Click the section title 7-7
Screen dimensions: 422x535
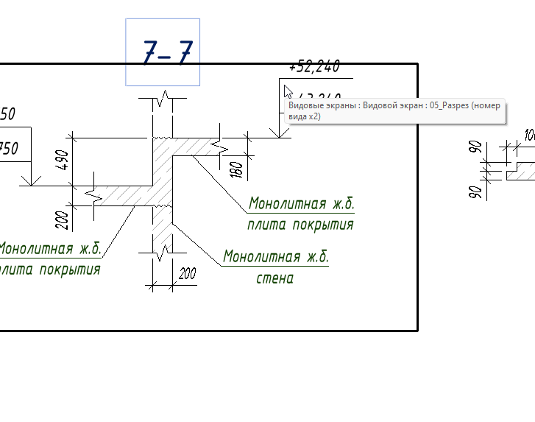click(167, 52)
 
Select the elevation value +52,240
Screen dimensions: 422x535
click(314, 68)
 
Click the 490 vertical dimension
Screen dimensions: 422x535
click(63, 161)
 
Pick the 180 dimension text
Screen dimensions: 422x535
click(236, 169)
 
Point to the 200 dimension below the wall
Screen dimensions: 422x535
click(187, 274)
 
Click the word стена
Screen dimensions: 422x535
click(275, 278)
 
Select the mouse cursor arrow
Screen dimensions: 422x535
click(288, 92)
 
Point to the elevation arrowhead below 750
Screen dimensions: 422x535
click(31, 180)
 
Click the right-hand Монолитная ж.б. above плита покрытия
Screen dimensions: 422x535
click(301, 203)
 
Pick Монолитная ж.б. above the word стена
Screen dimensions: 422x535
click(276, 257)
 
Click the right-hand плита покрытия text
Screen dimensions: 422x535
click(300, 225)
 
